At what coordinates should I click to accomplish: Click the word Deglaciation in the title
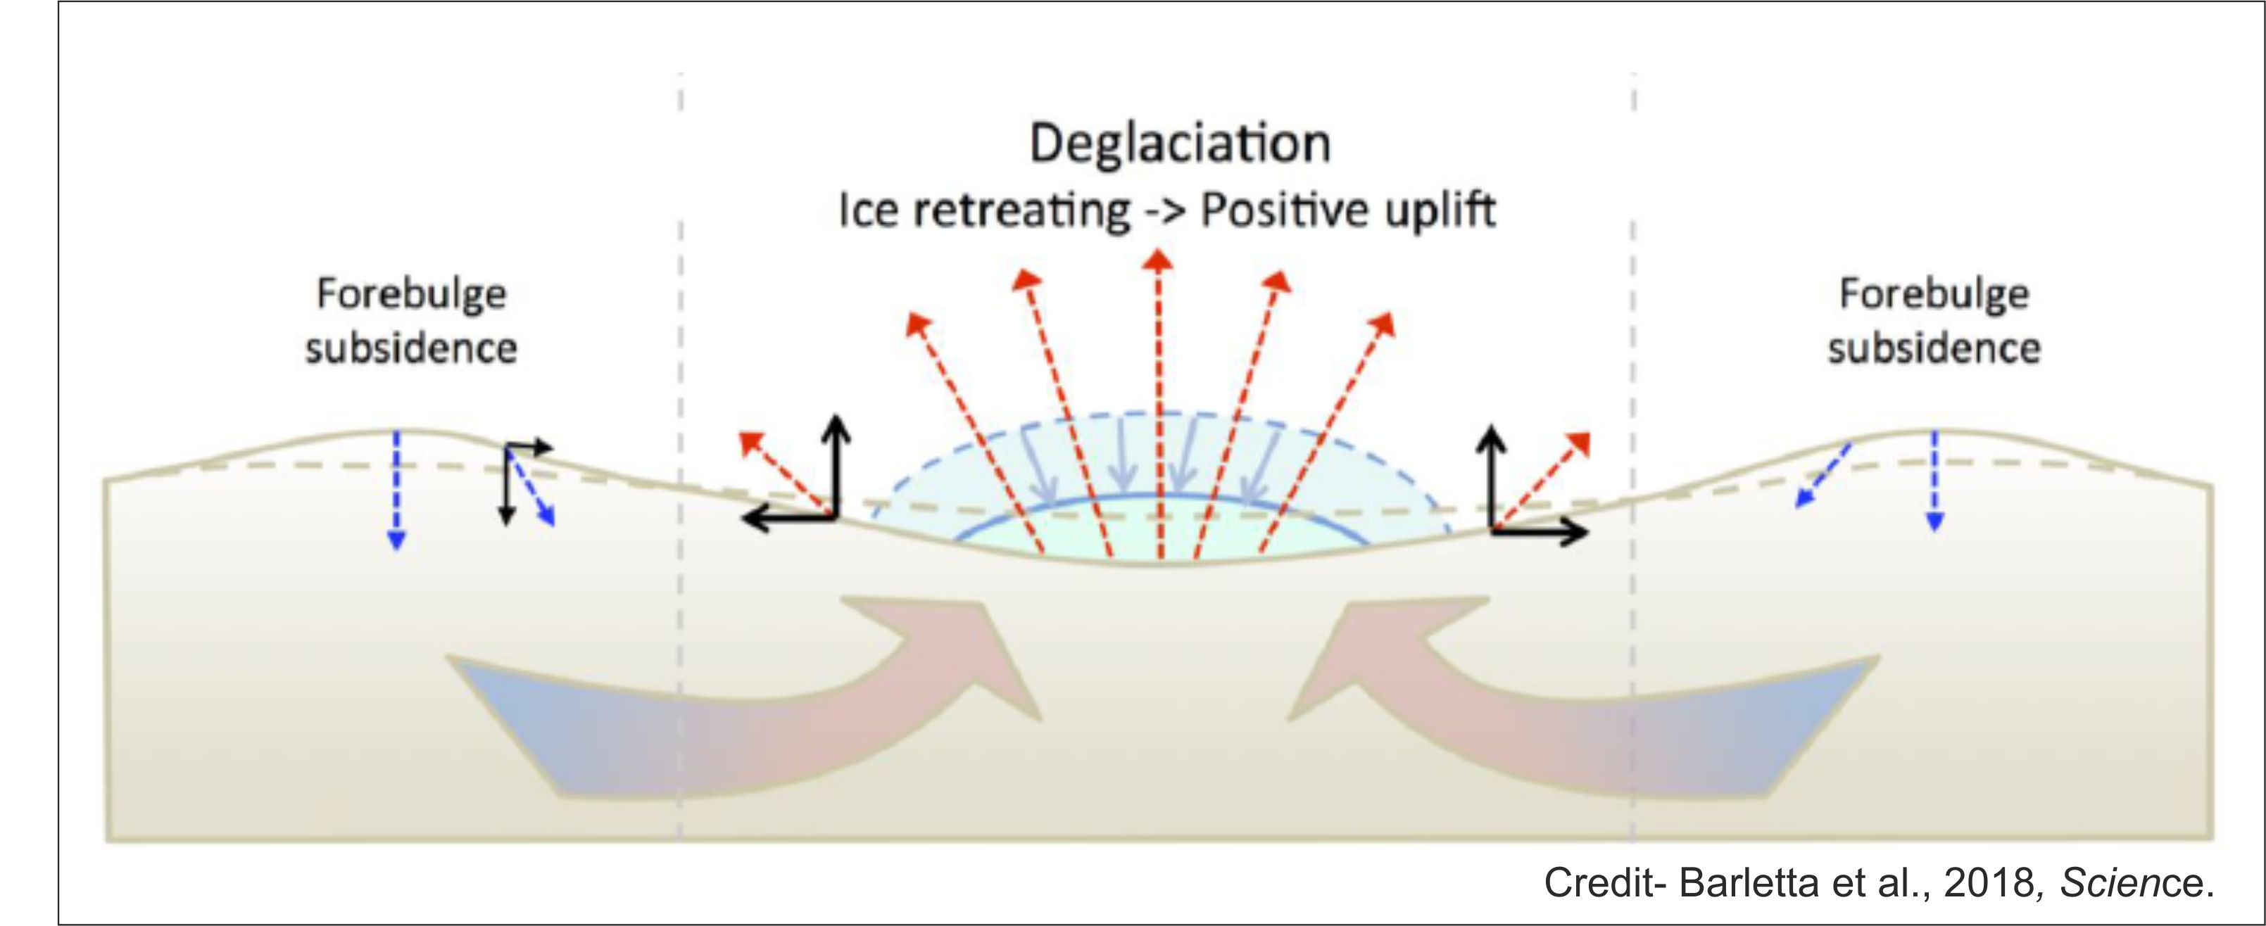pos(1180,144)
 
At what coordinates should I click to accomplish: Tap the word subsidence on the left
pos(411,348)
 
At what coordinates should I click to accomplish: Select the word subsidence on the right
pos(1934,348)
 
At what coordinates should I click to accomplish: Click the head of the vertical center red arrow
pos(1159,260)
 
